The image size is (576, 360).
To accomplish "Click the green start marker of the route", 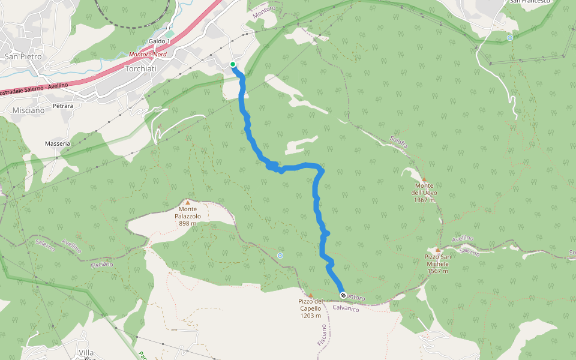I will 233,64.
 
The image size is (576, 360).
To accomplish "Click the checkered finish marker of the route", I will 343,295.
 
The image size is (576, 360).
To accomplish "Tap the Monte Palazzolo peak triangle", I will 188,203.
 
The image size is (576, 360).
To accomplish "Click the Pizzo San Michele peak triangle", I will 438,250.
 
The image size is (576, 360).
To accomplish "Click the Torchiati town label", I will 140,69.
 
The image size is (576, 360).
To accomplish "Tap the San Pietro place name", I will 23,56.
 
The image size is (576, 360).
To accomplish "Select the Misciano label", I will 28,110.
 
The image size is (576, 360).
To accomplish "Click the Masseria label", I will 58,143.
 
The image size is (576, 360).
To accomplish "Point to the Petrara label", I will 63,106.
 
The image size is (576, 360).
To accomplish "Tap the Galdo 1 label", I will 160,41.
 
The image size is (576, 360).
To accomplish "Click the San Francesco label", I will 530,2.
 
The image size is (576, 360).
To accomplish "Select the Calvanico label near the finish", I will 346,309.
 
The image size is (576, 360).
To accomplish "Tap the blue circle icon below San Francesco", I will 509,38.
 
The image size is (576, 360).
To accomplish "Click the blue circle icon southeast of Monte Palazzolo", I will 280,256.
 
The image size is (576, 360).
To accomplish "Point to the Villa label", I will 86,352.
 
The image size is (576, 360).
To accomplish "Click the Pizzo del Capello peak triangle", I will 310,295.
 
